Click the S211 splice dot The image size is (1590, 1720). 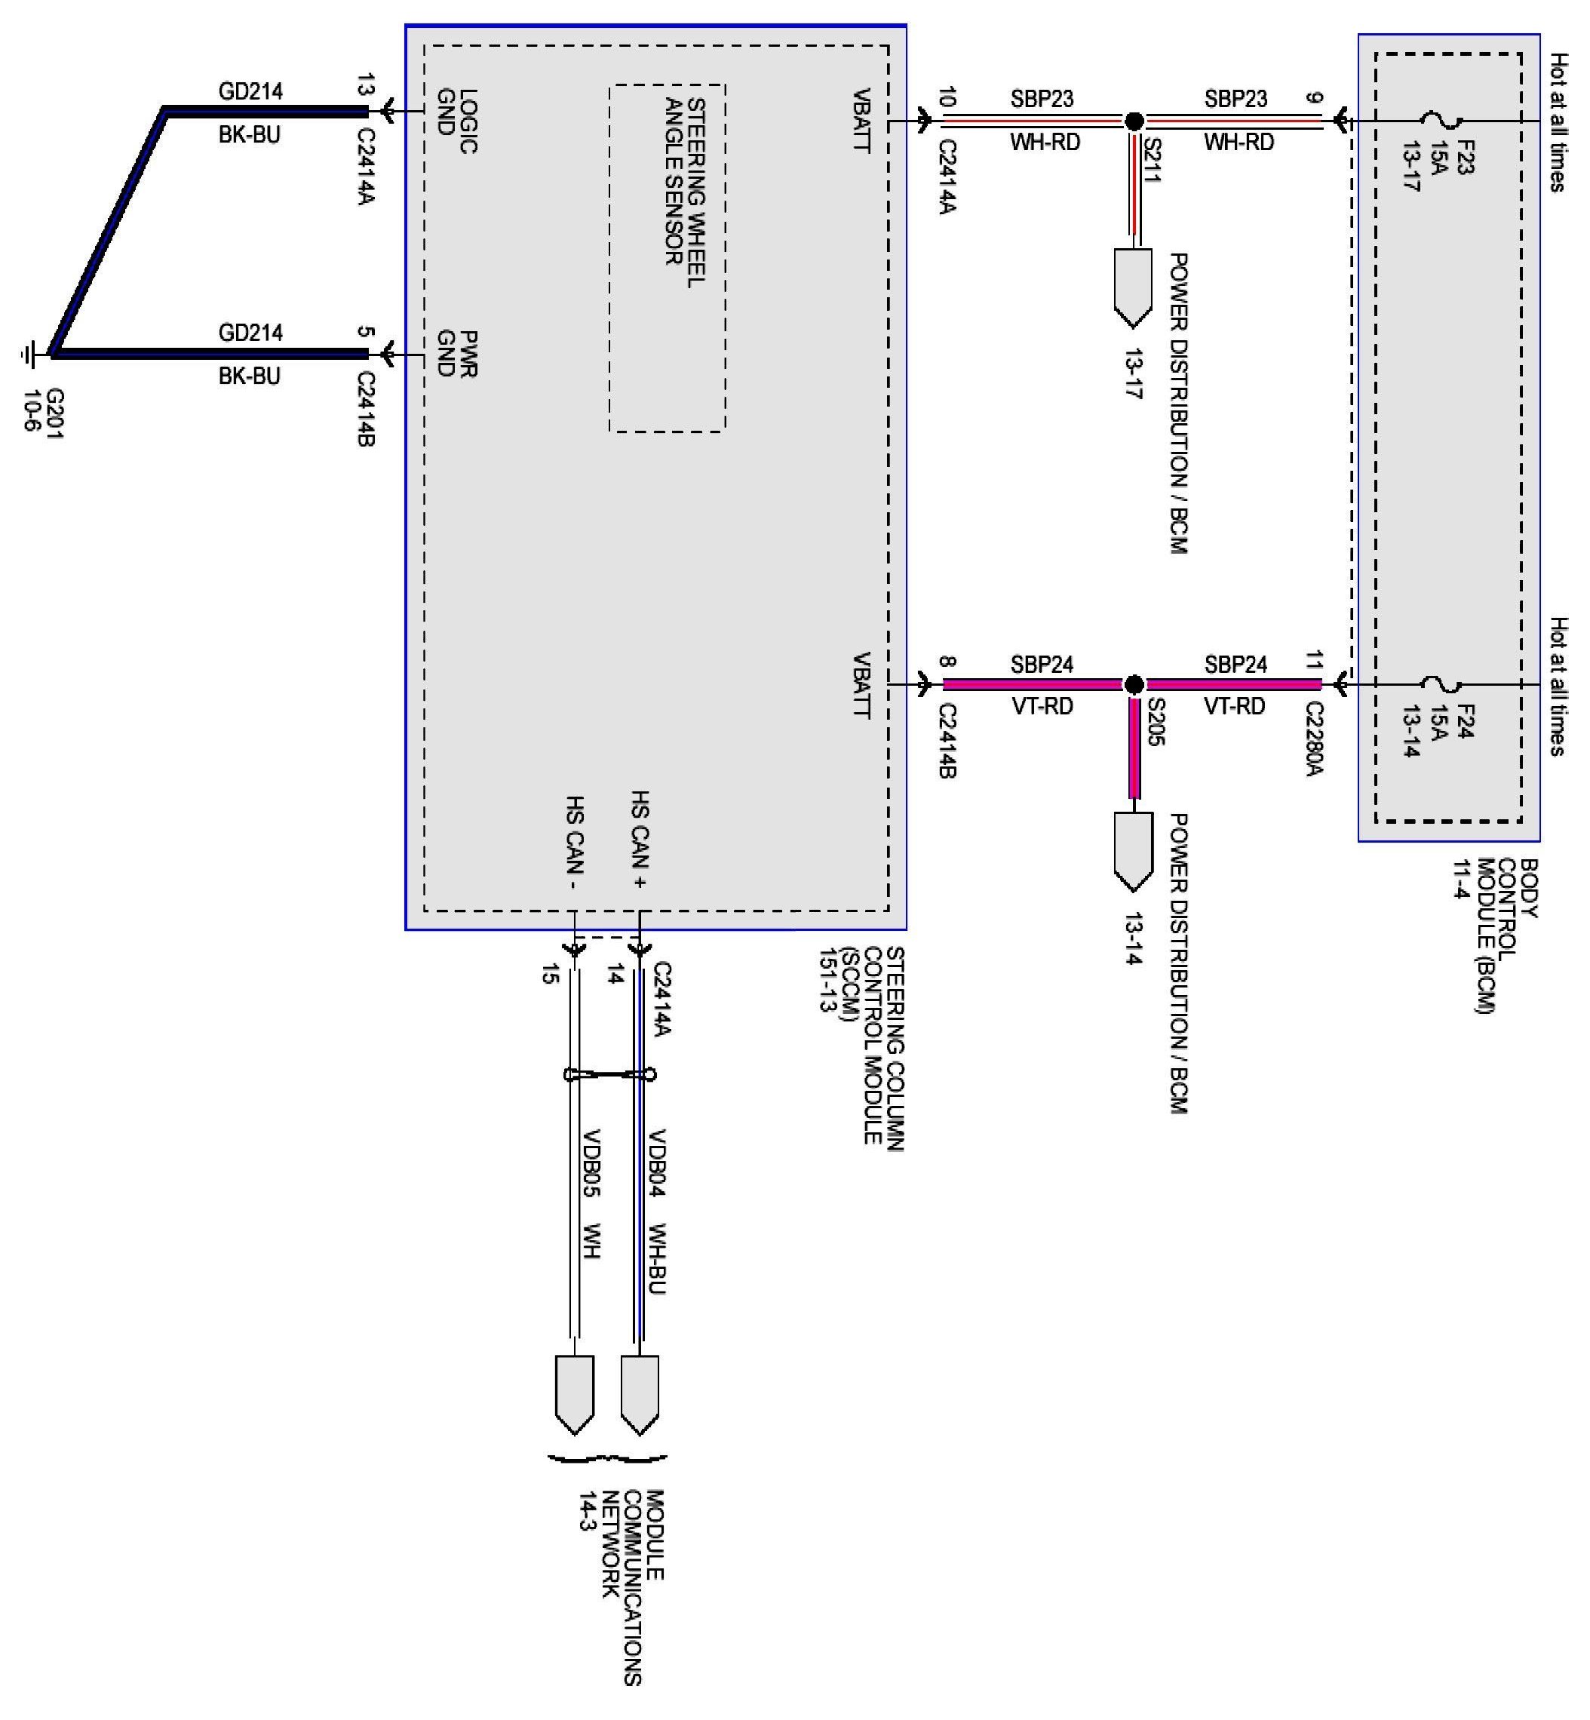pyautogui.click(x=1134, y=121)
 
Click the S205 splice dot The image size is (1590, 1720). pyautogui.click(x=1134, y=684)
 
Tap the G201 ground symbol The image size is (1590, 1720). pyautogui.click(x=29, y=354)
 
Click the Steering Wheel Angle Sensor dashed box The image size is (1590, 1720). pyautogui.click(x=667, y=258)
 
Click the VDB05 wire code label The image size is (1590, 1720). pyautogui.click(x=591, y=1162)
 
